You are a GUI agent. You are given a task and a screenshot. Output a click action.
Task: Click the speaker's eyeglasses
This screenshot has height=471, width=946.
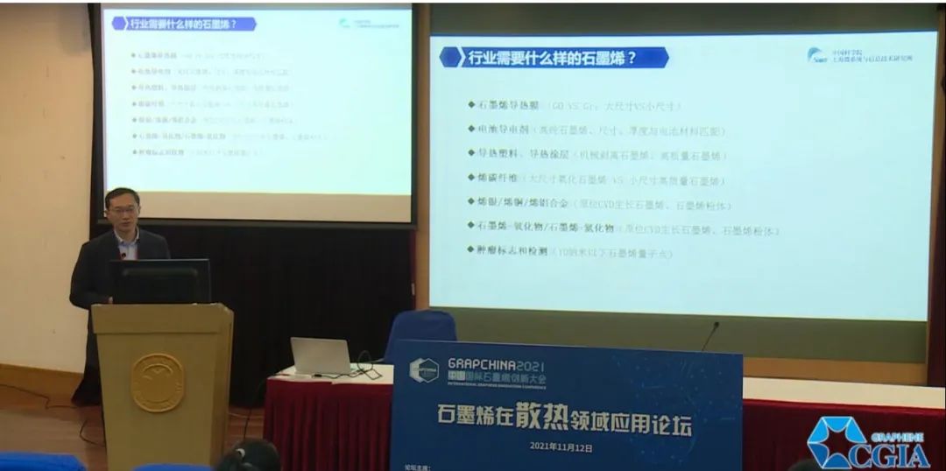coord(123,209)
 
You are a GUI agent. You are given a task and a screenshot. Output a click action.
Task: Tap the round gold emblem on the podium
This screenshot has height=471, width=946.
coord(158,383)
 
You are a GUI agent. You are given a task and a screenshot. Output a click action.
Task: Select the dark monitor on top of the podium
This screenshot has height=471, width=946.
coord(161,282)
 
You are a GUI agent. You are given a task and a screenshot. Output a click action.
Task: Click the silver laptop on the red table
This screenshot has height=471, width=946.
coord(321,356)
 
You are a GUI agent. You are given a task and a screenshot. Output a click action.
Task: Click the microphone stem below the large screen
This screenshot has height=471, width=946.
coord(709,336)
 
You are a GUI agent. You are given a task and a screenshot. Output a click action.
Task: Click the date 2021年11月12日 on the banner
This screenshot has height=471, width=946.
coord(561,446)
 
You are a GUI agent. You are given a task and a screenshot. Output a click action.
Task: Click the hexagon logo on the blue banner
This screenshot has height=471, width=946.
coord(424,370)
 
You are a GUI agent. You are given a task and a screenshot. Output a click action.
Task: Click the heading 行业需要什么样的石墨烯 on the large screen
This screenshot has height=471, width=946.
coord(552,59)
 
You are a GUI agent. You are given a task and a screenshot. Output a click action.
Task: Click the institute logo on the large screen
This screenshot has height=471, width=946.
coord(858,56)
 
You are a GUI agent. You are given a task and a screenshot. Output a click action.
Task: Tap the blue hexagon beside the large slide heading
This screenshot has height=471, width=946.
coord(450,59)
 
